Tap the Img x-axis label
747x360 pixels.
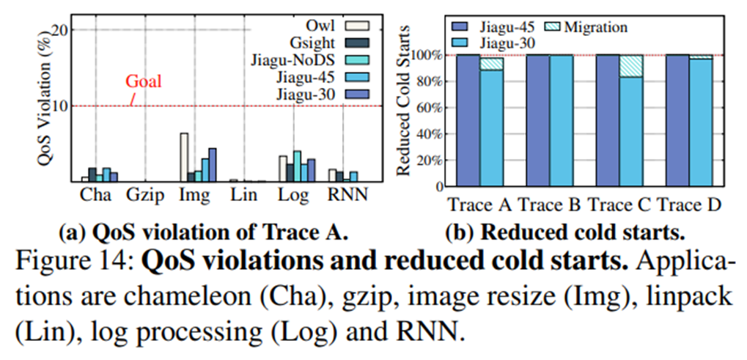point(194,196)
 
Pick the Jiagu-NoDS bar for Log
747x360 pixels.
point(297,166)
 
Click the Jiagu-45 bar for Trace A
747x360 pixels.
point(469,120)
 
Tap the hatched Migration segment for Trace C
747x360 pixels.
point(631,66)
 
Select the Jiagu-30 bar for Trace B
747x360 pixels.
point(562,120)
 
